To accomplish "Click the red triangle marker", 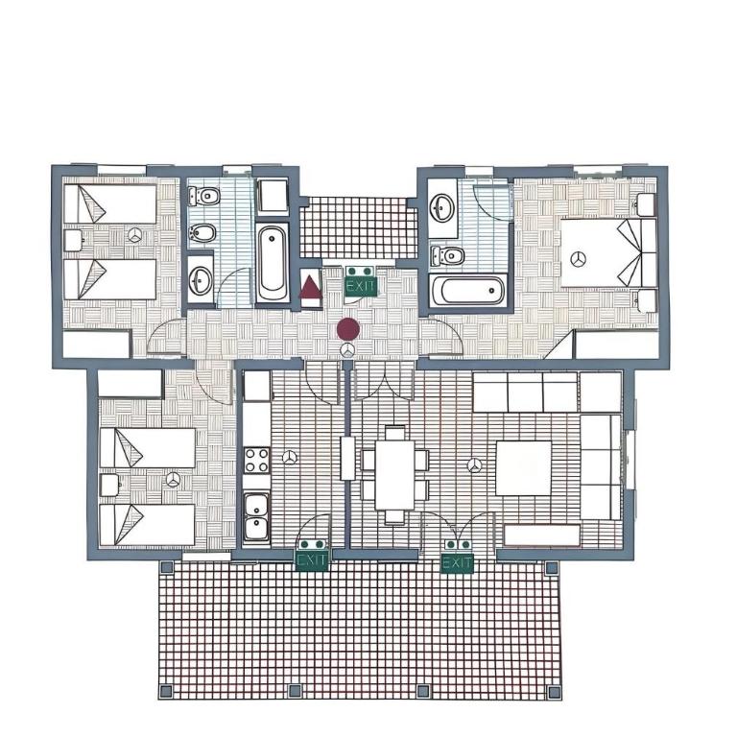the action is coord(311,287).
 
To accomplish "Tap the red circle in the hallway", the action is coord(348,329).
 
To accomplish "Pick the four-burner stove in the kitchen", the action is coord(257,460).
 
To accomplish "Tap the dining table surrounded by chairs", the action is coord(394,475).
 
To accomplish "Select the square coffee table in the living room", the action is coord(524,467).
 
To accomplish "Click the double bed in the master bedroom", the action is coord(609,252).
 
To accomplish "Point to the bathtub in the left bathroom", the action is coord(273,264).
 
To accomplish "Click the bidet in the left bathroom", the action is coord(202,232).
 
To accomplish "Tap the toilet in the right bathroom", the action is coord(448,255).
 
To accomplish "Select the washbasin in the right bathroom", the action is coord(442,207).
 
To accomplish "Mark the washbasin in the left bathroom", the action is coord(202,281).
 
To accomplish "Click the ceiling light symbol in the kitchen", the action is coord(291,457).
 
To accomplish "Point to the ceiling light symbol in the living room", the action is coord(475,465).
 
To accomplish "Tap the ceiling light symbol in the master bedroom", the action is coord(578,258).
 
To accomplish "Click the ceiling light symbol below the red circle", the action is coord(347,349).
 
